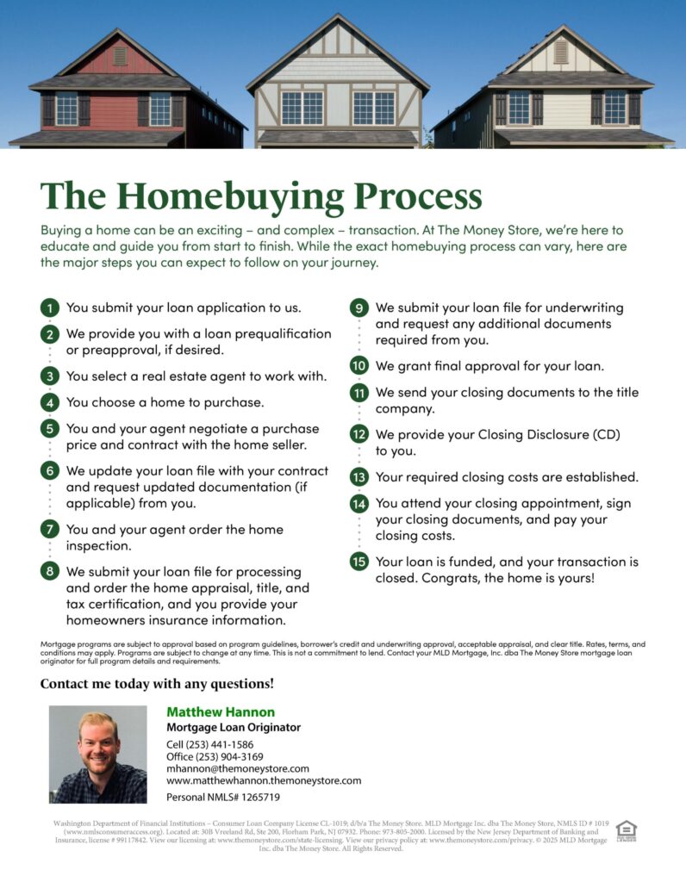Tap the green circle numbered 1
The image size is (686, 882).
pos(51,307)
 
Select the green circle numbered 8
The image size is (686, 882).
pos(51,571)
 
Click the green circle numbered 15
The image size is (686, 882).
pos(359,562)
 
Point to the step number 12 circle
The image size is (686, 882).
pos(359,434)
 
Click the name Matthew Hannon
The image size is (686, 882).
pos(221,712)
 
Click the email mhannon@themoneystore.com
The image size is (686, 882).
pos(237,768)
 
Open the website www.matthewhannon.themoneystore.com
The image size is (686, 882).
pos(263,780)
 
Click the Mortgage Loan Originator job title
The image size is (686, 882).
pos(233,728)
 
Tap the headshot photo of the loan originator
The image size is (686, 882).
pos(97,754)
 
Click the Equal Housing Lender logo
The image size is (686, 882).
pos(627,831)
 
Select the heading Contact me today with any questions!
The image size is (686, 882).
pos(157,684)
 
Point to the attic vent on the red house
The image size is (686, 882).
pos(120,56)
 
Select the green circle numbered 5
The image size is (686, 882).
pos(51,428)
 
